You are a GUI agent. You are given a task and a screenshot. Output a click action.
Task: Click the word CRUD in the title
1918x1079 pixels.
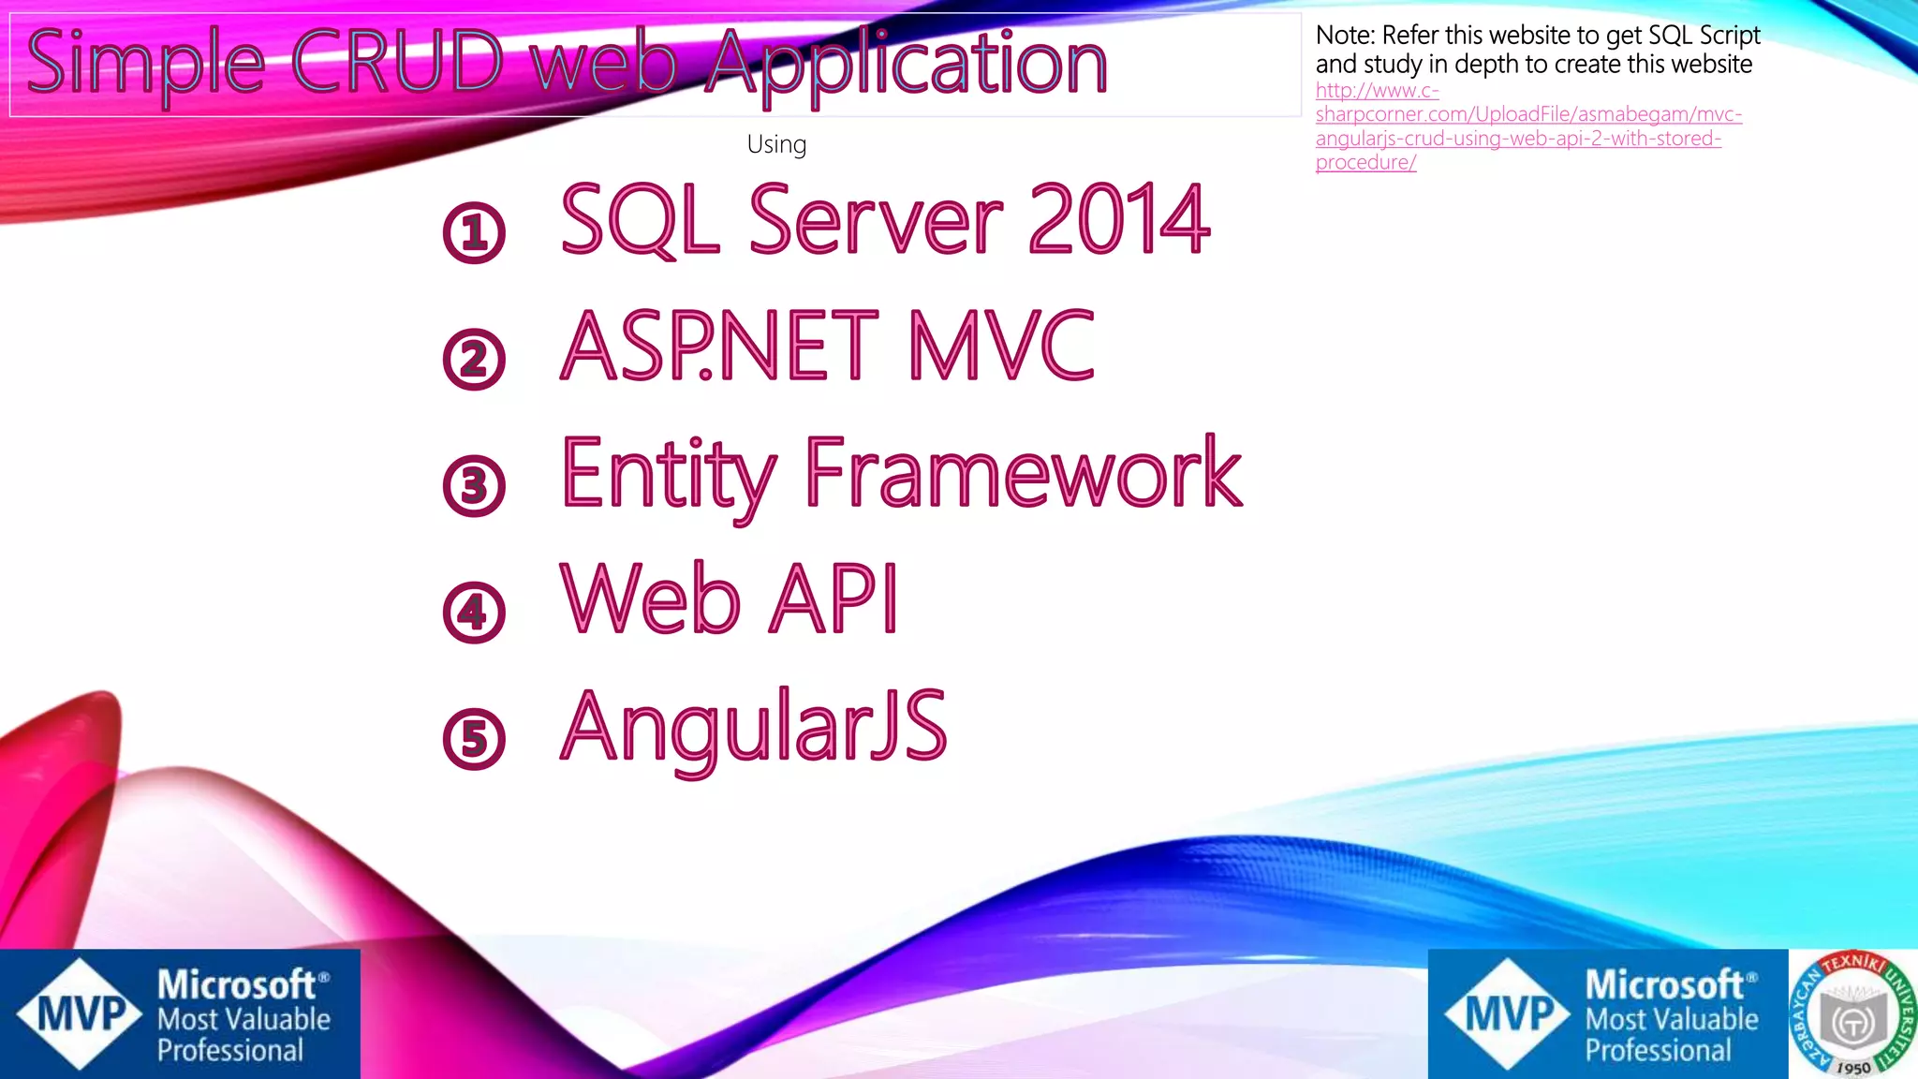click(x=398, y=63)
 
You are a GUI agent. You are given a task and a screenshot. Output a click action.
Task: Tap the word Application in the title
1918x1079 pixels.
click(x=906, y=63)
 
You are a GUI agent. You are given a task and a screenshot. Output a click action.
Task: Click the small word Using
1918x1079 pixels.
click(x=776, y=144)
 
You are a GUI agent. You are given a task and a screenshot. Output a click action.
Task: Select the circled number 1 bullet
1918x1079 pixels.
click(x=474, y=232)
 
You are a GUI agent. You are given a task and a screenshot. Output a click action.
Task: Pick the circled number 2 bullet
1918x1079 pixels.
click(x=474, y=359)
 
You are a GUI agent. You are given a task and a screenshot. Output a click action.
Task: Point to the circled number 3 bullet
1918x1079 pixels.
click(x=474, y=485)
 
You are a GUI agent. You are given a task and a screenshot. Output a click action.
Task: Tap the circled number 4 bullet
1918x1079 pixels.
click(x=474, y=612)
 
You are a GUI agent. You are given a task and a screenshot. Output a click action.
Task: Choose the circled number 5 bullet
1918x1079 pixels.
click(x=474, y=738)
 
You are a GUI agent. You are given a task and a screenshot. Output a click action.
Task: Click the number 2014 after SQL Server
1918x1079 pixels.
click(x=1118, y=220)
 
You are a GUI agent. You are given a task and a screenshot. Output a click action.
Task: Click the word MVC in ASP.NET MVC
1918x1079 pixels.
click(x=1002, y=346)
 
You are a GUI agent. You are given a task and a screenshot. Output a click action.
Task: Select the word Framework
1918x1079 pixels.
click(x=1023, y=473)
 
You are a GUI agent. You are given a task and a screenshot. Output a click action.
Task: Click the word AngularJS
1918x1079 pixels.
click(x=754, y=727)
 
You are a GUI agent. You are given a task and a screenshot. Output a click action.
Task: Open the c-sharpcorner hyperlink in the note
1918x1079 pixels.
click(x=1527, y=114)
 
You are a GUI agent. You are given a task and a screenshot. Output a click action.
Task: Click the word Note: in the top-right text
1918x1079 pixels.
click(x=1346, y=36)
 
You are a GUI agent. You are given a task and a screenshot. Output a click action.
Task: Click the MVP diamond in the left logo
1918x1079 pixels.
click(x=81, y=1014)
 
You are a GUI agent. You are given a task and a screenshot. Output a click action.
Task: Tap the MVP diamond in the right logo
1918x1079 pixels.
click(x=1508, y=1014)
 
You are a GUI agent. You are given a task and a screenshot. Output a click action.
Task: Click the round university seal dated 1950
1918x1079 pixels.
click(x=1852, y=1014)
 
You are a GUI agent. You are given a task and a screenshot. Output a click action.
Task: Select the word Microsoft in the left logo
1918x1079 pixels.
click(x=236, y=985)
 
